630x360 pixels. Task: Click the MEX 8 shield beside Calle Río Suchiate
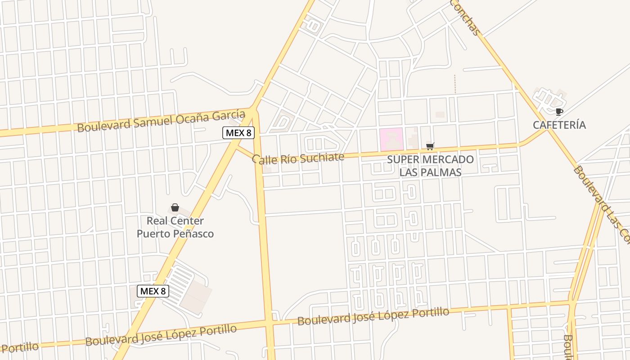pos(238,133)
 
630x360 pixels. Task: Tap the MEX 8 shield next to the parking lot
pos(153,291)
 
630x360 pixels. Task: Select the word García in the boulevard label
pos(227,115)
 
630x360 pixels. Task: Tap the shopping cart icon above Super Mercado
pos(430,146)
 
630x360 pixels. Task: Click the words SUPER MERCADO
pos(430,159)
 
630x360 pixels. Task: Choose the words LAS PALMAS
pos(430,172)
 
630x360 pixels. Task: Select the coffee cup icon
pos(559,112)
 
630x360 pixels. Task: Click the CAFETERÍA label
pos(559,125)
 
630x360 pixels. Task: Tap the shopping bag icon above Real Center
pos(175,207)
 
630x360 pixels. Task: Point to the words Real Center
pos(175,221)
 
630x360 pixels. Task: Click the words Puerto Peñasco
pos(175,234)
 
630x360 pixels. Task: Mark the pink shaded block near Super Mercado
pos(391,139)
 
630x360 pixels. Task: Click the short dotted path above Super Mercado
pos(455,84)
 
